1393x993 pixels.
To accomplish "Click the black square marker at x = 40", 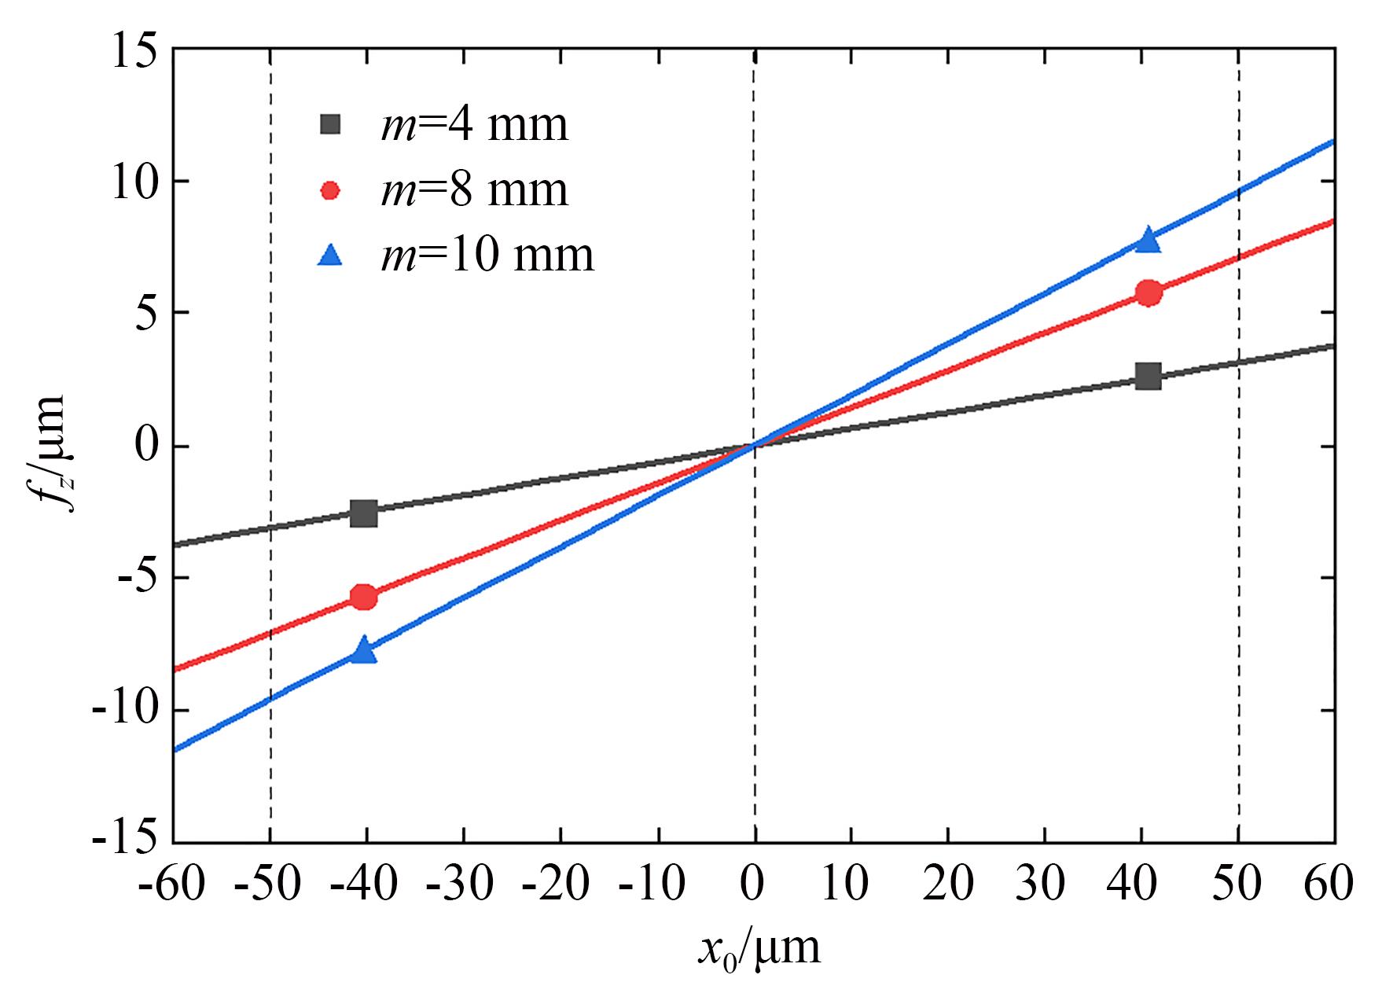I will pos(1149,377).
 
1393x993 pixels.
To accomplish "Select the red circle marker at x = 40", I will pos(1149,293).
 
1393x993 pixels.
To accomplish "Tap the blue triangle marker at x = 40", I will pos(1149,240).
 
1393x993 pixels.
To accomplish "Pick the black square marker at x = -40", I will pos(363,513).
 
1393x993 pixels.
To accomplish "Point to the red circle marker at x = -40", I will pos(363,597).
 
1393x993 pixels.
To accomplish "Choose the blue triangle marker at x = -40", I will pos(363,650).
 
